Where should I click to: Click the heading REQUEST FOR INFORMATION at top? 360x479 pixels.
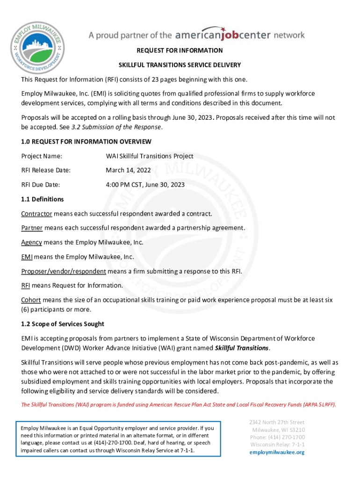click(x=180, y=51)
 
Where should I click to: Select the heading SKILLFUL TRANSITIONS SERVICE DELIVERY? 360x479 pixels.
click(x=180, y=65)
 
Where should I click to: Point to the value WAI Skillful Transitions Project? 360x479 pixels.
click(x=149, y=156)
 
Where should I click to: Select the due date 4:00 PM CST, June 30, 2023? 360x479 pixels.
click(x=145, y=185)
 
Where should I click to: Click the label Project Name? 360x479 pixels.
click(x=42, y=156)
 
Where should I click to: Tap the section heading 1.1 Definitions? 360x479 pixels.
click(x=42, y=199)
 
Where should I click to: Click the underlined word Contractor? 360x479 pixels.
click(x=36, y=214)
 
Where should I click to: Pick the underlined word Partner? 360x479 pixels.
click(x=32, y=228)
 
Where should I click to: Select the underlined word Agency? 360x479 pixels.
click(x=31, y=242)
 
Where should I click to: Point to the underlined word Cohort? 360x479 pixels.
click(x=31, y=300)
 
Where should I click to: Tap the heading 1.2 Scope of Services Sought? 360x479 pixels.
click(x=63, y=324)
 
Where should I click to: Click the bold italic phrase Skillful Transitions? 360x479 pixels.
click(x=241, y=348)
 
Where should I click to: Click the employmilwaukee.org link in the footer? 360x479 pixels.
click(x=277, y=452)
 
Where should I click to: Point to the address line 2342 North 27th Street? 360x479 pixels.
click(x=277, y=422)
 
